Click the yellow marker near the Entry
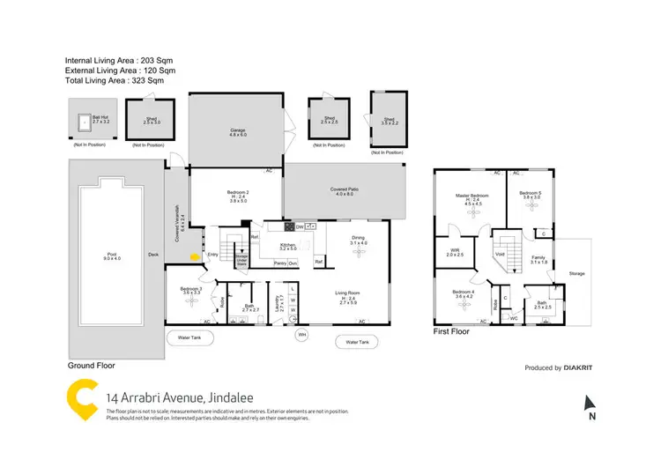point(194,257)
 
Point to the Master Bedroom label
point(472,196)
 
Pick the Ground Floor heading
point(91,365)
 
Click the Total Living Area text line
point(114,80)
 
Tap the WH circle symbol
point(301,335)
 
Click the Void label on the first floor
point(499,254)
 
